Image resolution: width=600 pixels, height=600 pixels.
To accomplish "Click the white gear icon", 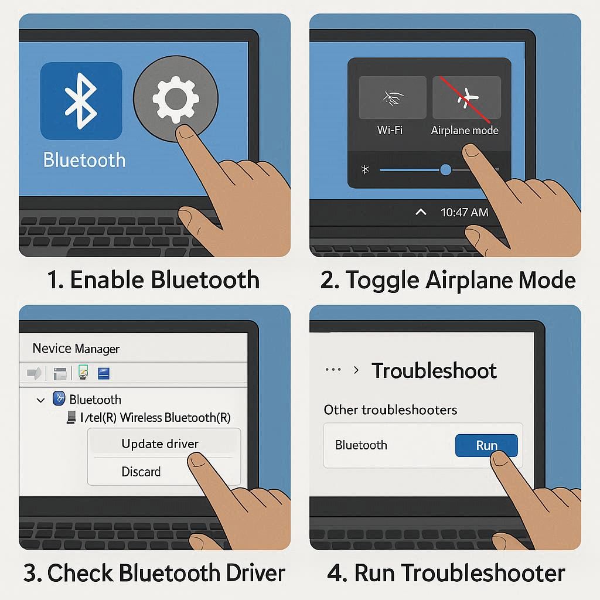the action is [176, 99].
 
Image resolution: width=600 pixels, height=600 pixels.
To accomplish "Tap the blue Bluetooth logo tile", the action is [81, 101].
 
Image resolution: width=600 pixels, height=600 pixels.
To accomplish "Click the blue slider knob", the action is [445, 169].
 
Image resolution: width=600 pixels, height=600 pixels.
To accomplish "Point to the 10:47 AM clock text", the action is [464, 212].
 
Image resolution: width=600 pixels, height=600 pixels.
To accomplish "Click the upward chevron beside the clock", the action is [421, 212].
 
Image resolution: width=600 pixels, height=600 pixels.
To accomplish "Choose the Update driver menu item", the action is [160, 444].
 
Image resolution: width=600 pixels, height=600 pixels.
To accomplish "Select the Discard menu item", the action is [141, 472].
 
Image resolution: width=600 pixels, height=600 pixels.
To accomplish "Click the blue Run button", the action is [486, 445].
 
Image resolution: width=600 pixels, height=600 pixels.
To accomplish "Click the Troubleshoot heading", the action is [434, 370].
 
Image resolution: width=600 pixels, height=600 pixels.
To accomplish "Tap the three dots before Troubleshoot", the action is [333, 370].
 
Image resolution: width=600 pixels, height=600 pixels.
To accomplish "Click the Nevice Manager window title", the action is [76, 348].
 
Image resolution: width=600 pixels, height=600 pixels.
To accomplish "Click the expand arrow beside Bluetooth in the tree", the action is [40, 401].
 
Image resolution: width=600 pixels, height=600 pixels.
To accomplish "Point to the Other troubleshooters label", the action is [390, 410].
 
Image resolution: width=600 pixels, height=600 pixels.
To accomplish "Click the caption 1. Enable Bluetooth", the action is [154, 279].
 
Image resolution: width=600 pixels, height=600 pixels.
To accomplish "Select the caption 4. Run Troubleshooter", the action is [446, 573].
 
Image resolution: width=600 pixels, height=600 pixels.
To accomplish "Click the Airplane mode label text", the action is [465, 131].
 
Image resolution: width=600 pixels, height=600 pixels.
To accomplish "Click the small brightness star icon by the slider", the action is [365, 169].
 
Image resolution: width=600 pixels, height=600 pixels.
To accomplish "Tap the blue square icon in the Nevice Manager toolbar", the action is [104, 373].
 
